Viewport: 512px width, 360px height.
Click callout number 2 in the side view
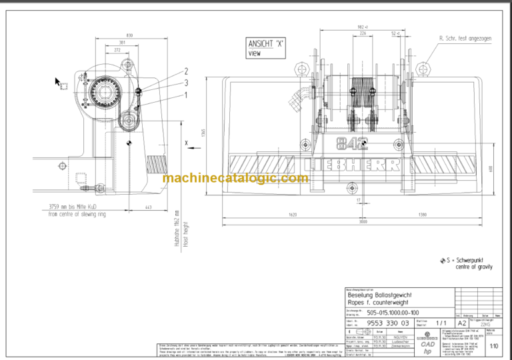pyautogui.click(x=186, y=71)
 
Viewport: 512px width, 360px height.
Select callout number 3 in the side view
pyautogui.click(x=186, y=83)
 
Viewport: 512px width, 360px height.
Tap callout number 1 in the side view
pyautogui.click(x=186, y=95)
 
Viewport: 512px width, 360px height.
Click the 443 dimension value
pyautogui.click(x=148, y=207)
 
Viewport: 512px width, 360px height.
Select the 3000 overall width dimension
pyautogui.click(x=362, y=221)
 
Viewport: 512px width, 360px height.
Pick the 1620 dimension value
pyautogui.click(x=293, y=215)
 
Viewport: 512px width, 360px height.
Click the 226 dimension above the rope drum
pyautogui.click(x=363, y=33)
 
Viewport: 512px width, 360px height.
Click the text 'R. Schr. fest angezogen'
pyautogui.click(x=465, y=39)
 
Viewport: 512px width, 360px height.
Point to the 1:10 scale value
pyautogui.click(x=493, y=346)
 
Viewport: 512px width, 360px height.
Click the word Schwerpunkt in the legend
pyautogui.click(x=471, y=260)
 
